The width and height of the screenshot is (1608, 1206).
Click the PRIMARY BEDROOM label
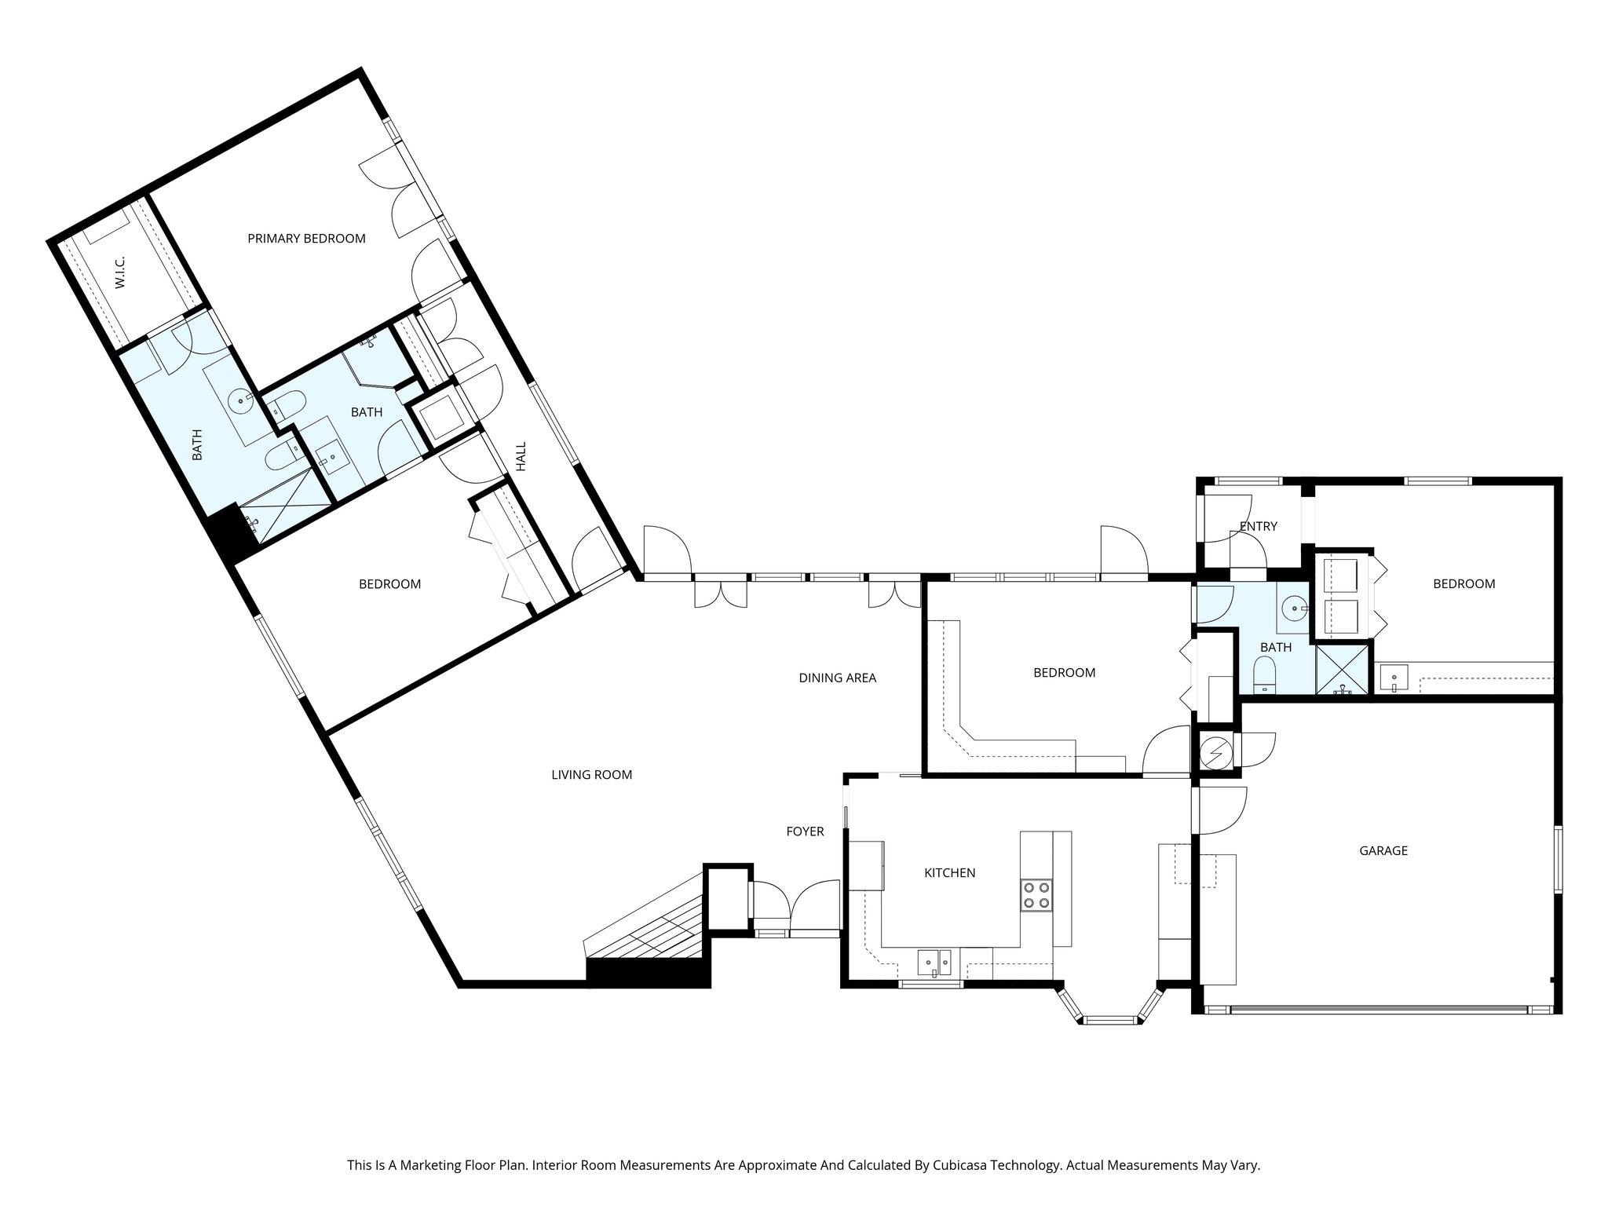[x=306, y=239]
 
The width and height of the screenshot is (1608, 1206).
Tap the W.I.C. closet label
[x=121, y=272]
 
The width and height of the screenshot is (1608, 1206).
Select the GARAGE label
[x=1383, y=850]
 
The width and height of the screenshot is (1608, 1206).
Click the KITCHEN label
[x=949, y=873]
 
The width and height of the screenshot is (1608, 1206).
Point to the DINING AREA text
[x=837, y=678]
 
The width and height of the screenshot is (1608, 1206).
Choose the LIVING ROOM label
[x=591, y=775]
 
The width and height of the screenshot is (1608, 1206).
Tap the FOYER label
[x=805, y=831]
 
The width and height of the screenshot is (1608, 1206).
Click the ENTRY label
[x=1258, y=526]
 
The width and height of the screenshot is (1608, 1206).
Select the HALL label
[x=521, y=456]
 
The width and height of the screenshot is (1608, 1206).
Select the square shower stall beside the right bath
[x=1342, y=669]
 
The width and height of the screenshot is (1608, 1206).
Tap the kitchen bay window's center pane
[x=1110, y=1020]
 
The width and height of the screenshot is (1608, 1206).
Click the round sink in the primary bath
[x=241, y=400]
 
